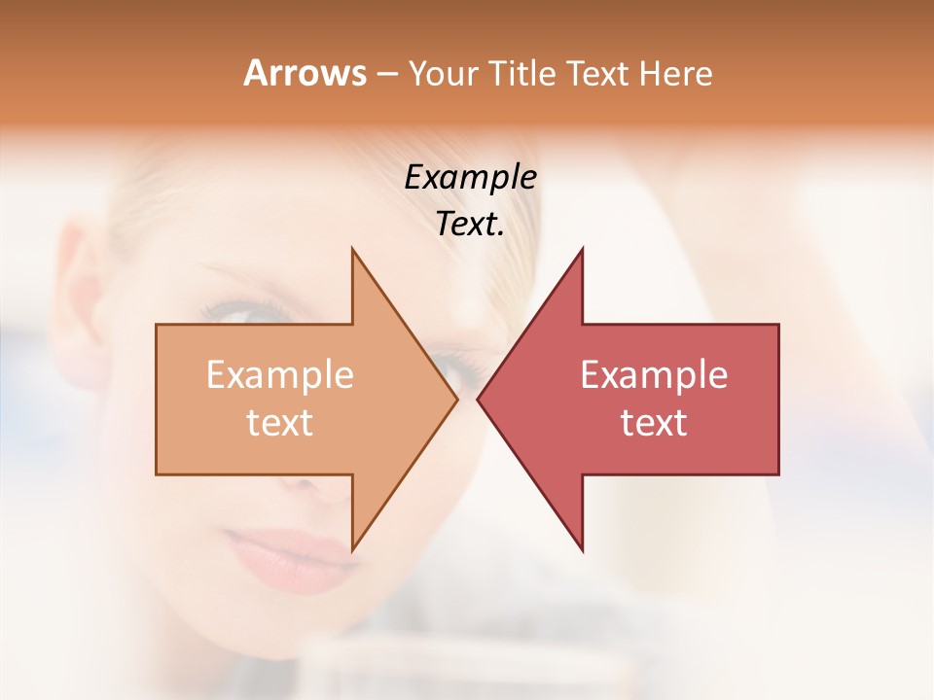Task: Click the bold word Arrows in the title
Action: (x=305, y=73)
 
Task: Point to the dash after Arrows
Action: (x=386, y=74)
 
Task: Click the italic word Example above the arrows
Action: (x=470, y=178)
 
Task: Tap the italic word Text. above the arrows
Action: (x=470, y=224)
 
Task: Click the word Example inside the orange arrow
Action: (x=280, y=375)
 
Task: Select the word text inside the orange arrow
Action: (x=280, y=423)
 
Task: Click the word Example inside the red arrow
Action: (x=654, y=375)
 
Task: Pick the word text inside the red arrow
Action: (x=654, y=423)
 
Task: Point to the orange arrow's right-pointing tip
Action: (x=456, y=399)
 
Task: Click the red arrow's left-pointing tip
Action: (x=479, y=399)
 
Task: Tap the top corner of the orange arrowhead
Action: (x=352, y=250)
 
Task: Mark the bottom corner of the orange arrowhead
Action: (x=352, y=549)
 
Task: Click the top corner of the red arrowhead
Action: (x=582, y=250)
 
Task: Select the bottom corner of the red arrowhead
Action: (x=582, y=549)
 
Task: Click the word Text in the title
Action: (x=599, y=74)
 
